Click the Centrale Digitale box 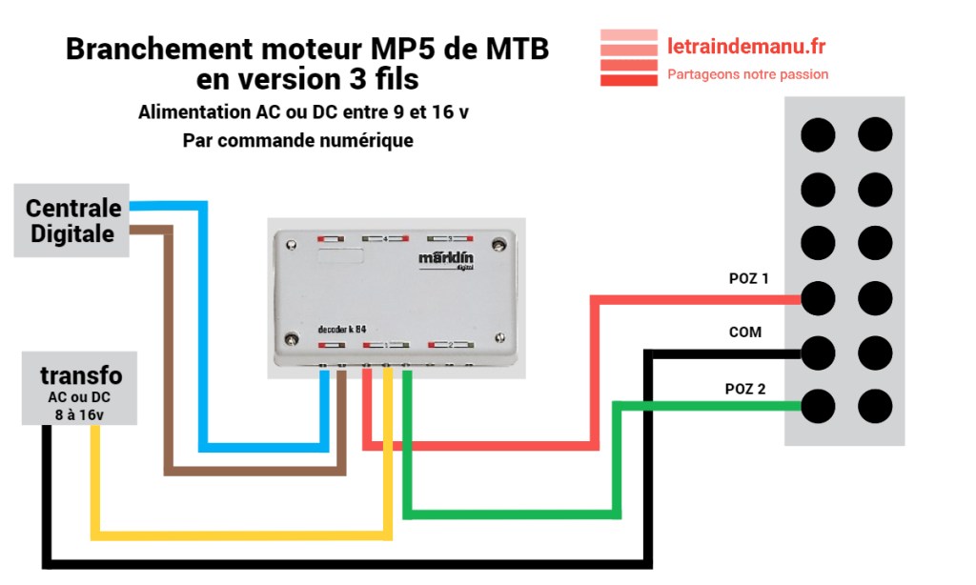tap(72, 220)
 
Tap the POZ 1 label tap(748, 279)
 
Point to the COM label tap(745, 333)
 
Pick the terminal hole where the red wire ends tap(817, 299)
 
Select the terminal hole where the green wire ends tap(817, 407)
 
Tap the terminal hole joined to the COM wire tap(817, 353)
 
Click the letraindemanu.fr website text tap(746, 45)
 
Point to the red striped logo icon tap(628, 58)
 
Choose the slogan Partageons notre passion tap(748, 74)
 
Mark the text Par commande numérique tap(297, 141)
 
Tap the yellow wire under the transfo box tap(94, 476)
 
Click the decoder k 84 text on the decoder tap(343, 329)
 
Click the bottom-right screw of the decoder tap(502, 335)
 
